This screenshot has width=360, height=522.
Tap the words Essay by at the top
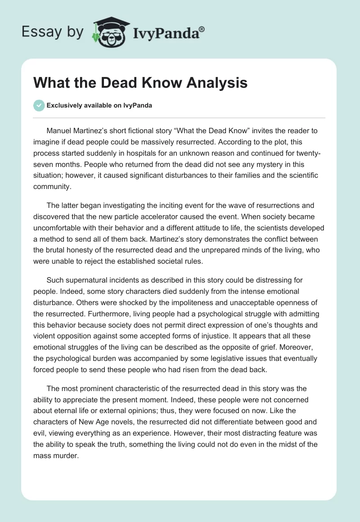(53, 32)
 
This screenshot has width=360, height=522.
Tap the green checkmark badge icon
(39, 105)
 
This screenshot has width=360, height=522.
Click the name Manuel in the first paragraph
(60, 131)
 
